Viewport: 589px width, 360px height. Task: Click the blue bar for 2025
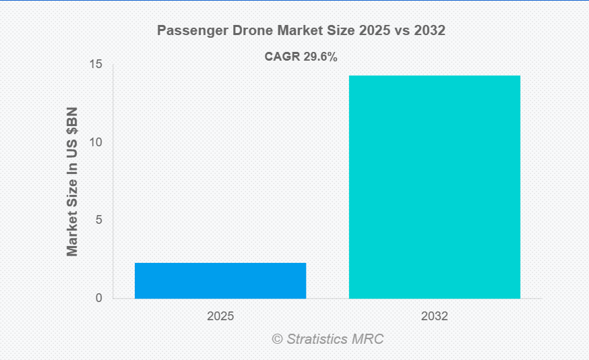tap(220, 280)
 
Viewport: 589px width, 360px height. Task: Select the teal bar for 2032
tap(434, 187)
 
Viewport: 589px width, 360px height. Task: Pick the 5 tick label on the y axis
tap(98, 220)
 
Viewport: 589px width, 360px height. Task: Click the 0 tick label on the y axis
tap(98, 299)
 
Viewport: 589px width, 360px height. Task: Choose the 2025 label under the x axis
tap(220, 316)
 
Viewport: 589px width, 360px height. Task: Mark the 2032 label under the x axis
tap(434, 316)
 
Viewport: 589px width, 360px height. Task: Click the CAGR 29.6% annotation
tap(301, 57)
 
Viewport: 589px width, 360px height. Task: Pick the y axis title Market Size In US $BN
tap(72, 181)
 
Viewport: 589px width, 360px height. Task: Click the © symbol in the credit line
tap(277, 339)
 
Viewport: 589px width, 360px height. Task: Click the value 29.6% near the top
tap(319, 57)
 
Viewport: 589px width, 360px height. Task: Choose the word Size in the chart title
tap(329, 31)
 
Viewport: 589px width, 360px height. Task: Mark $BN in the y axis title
tap(72, 122)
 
